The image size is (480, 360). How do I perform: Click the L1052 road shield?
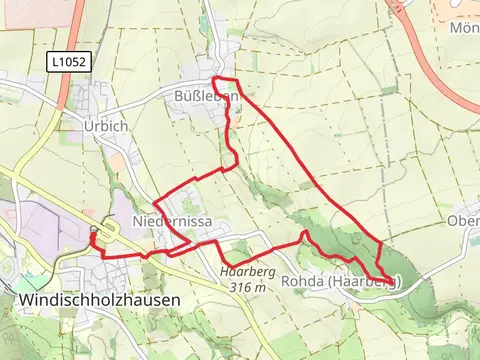point(68,62)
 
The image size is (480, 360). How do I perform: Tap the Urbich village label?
point(105,127)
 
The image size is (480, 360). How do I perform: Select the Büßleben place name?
point(206,97)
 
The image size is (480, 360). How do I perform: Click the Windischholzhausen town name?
point(99,299)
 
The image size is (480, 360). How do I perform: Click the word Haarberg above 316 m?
point(247,271)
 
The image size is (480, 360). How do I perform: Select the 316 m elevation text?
point(247,287)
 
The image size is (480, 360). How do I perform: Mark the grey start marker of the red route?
point(92,229)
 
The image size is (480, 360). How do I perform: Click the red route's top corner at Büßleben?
point(216,79)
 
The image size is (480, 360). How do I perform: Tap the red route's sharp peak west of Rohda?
point(303,233)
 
